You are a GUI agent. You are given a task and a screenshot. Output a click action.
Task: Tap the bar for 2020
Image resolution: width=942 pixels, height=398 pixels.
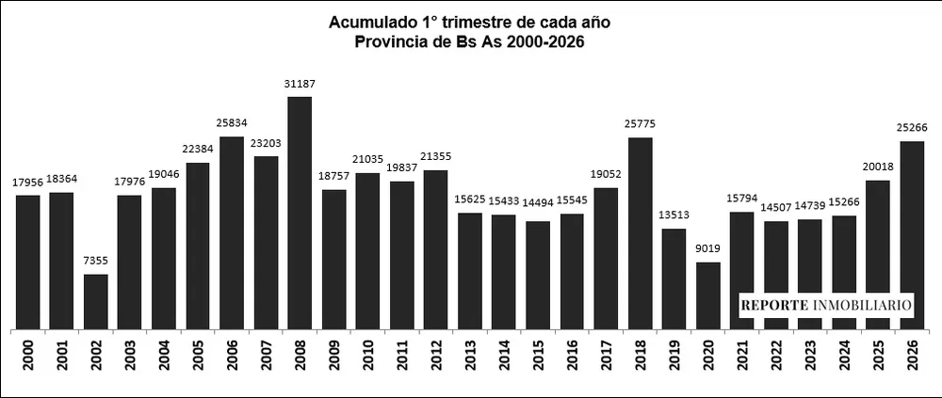click(x=708, y=295)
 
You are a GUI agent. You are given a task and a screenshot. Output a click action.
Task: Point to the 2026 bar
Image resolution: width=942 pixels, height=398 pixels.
click(x=912, y=235)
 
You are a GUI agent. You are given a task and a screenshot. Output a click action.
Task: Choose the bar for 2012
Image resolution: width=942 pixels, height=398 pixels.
click(x=436, y=249)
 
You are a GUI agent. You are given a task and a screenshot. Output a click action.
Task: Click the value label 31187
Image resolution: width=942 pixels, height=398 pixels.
click(x=300, y=84)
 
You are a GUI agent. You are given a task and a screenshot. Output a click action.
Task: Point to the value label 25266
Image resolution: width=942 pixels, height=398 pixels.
click(x=912, y=129)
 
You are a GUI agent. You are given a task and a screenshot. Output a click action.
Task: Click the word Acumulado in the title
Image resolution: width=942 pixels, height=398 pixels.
click(x=369, y=22)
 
